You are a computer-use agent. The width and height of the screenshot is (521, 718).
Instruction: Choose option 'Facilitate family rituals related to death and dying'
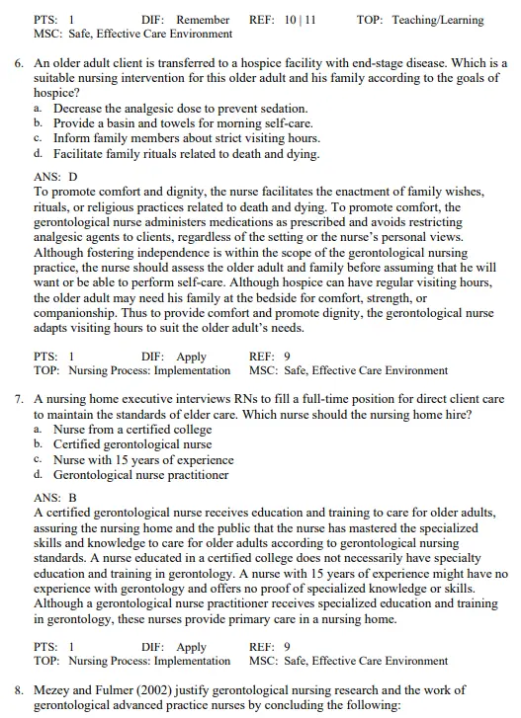pos(186,154)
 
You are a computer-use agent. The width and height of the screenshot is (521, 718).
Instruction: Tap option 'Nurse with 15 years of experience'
pos(143,459)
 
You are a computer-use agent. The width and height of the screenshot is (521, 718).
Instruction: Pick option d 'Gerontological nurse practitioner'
pos(140,475)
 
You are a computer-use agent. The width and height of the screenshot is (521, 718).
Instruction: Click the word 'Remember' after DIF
pos(203,20)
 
